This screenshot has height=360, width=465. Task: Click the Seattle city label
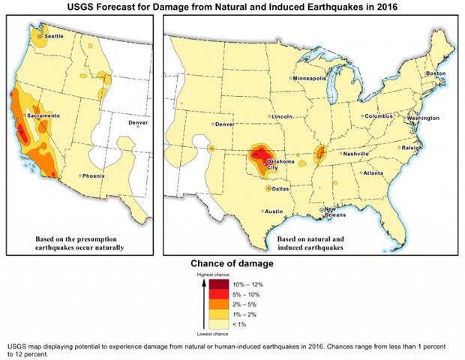click(x=54, y=36)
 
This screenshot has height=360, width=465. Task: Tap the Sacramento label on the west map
click(x=43, y=116)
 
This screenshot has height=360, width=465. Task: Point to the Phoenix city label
click(x=94, y=176)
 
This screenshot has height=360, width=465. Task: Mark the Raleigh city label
click(x=413, y=148)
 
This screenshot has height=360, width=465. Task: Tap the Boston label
click(x=435, y=73)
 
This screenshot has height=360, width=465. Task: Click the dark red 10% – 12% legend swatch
click(x=217, y=285)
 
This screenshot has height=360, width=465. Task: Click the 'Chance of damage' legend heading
click(x=232, y=263)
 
